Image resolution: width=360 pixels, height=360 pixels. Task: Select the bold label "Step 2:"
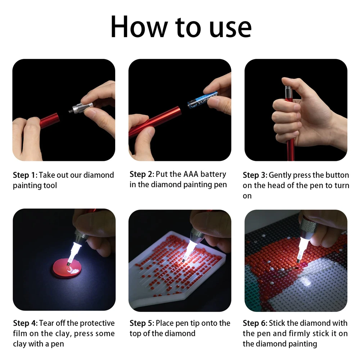[x=142, y=174]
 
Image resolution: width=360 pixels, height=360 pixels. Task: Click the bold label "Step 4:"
[x=25, y=323]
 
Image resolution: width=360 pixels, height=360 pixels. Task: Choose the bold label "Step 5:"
[x=142, y=323]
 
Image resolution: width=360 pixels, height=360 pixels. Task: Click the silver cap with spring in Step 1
[x=81, y=108]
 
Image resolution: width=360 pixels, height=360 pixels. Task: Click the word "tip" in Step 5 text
[x=201, y=323]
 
